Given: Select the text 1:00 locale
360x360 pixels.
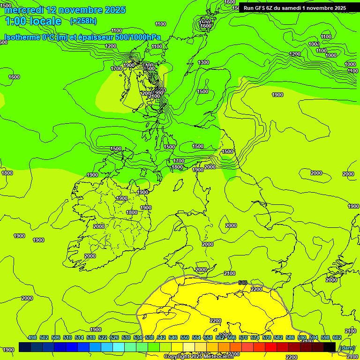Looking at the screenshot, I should coord(33,21).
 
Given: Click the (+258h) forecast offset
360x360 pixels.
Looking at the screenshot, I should coord(83,21).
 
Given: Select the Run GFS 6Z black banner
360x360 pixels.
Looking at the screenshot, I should coord(295,7).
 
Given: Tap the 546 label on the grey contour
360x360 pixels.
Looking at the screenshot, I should coord(242,283).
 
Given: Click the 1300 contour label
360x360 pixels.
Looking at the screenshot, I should coord(203,62).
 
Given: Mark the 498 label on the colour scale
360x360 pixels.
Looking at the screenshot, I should coord(32,337).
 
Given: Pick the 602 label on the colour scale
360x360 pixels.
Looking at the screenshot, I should coord(337,337).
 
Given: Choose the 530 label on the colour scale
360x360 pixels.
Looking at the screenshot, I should coord(126,337).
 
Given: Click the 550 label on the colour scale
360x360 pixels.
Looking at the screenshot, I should coord(185,337).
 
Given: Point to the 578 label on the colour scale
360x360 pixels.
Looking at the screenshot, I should coord(267,337).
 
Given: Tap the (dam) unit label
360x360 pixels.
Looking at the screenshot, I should coord(347,348).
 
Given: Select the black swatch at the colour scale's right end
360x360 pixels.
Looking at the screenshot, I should coord(330,347).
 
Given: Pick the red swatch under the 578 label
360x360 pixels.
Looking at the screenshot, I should coord(271,347).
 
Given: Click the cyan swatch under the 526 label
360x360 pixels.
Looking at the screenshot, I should coord(119,347).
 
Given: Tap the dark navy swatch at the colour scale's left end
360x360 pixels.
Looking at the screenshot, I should coord(25,347).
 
